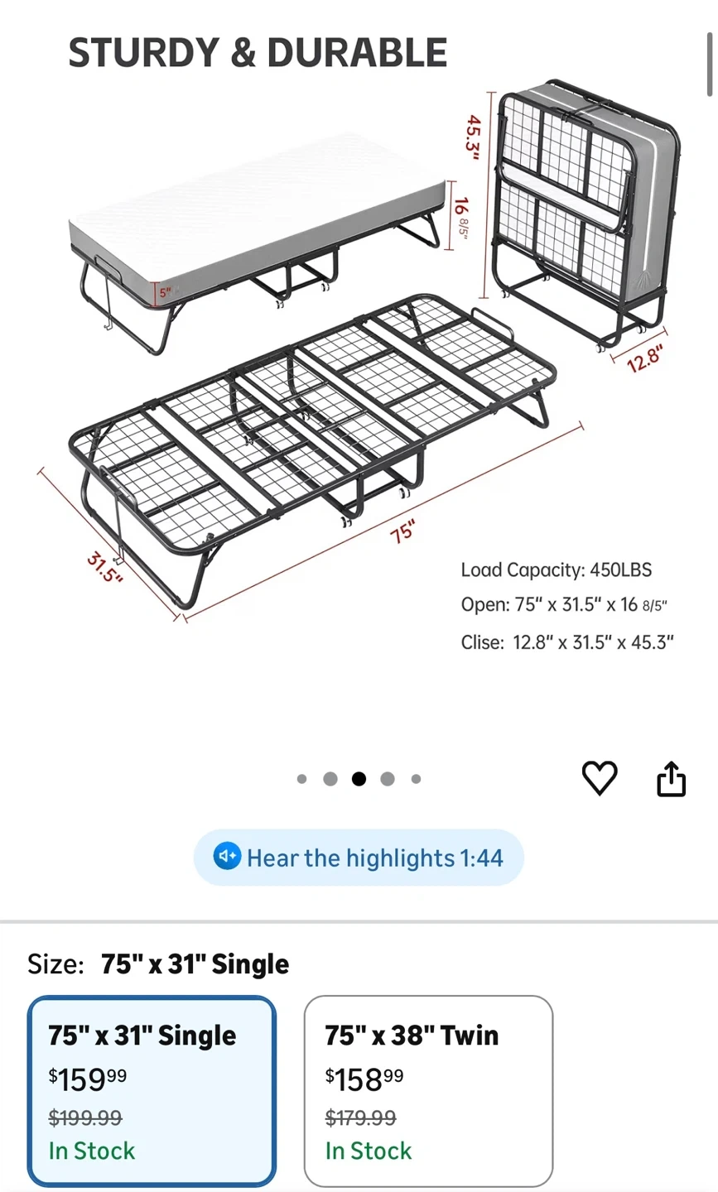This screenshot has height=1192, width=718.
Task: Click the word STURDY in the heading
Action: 144,53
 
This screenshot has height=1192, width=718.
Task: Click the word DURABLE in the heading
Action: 357,53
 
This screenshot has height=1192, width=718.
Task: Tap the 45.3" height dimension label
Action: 473,137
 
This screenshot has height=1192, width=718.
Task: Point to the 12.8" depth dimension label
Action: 645,358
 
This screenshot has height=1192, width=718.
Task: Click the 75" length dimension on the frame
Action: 403,532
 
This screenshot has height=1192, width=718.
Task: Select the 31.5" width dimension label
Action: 105,568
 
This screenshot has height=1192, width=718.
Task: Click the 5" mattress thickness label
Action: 166,292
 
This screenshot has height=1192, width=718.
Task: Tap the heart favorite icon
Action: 600,778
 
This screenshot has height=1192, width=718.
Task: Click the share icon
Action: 671,778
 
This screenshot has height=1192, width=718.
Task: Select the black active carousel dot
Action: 359,779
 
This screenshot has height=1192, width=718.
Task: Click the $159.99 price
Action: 88,1079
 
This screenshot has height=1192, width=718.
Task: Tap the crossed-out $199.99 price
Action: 85,1117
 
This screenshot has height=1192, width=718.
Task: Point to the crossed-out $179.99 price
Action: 361,1117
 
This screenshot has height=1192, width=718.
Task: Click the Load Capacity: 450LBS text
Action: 557,570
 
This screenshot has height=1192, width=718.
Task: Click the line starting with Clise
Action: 567,642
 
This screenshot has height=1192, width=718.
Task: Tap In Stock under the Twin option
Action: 369,1151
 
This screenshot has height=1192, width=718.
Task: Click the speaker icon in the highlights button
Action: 227,856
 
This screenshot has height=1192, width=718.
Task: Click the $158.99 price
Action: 364,1079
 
